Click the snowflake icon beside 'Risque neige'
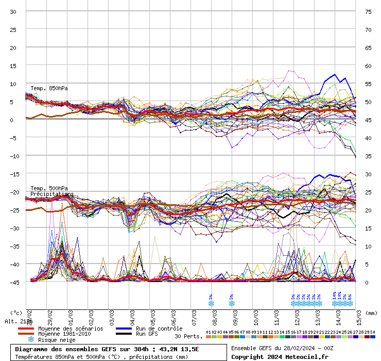[31, 340]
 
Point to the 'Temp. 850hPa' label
[49, 88]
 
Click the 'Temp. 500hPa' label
[49, 188]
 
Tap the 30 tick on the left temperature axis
[13, 11]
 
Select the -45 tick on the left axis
[13, 282]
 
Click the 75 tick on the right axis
[368, 11]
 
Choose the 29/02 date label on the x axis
[50, 315]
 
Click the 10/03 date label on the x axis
[256, 315]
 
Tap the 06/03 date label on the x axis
[174, 315]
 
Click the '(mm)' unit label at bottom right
[372, 313]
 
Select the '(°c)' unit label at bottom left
[16, 313]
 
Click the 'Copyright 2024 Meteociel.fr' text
[280, 356]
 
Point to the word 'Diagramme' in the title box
[33, 349]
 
